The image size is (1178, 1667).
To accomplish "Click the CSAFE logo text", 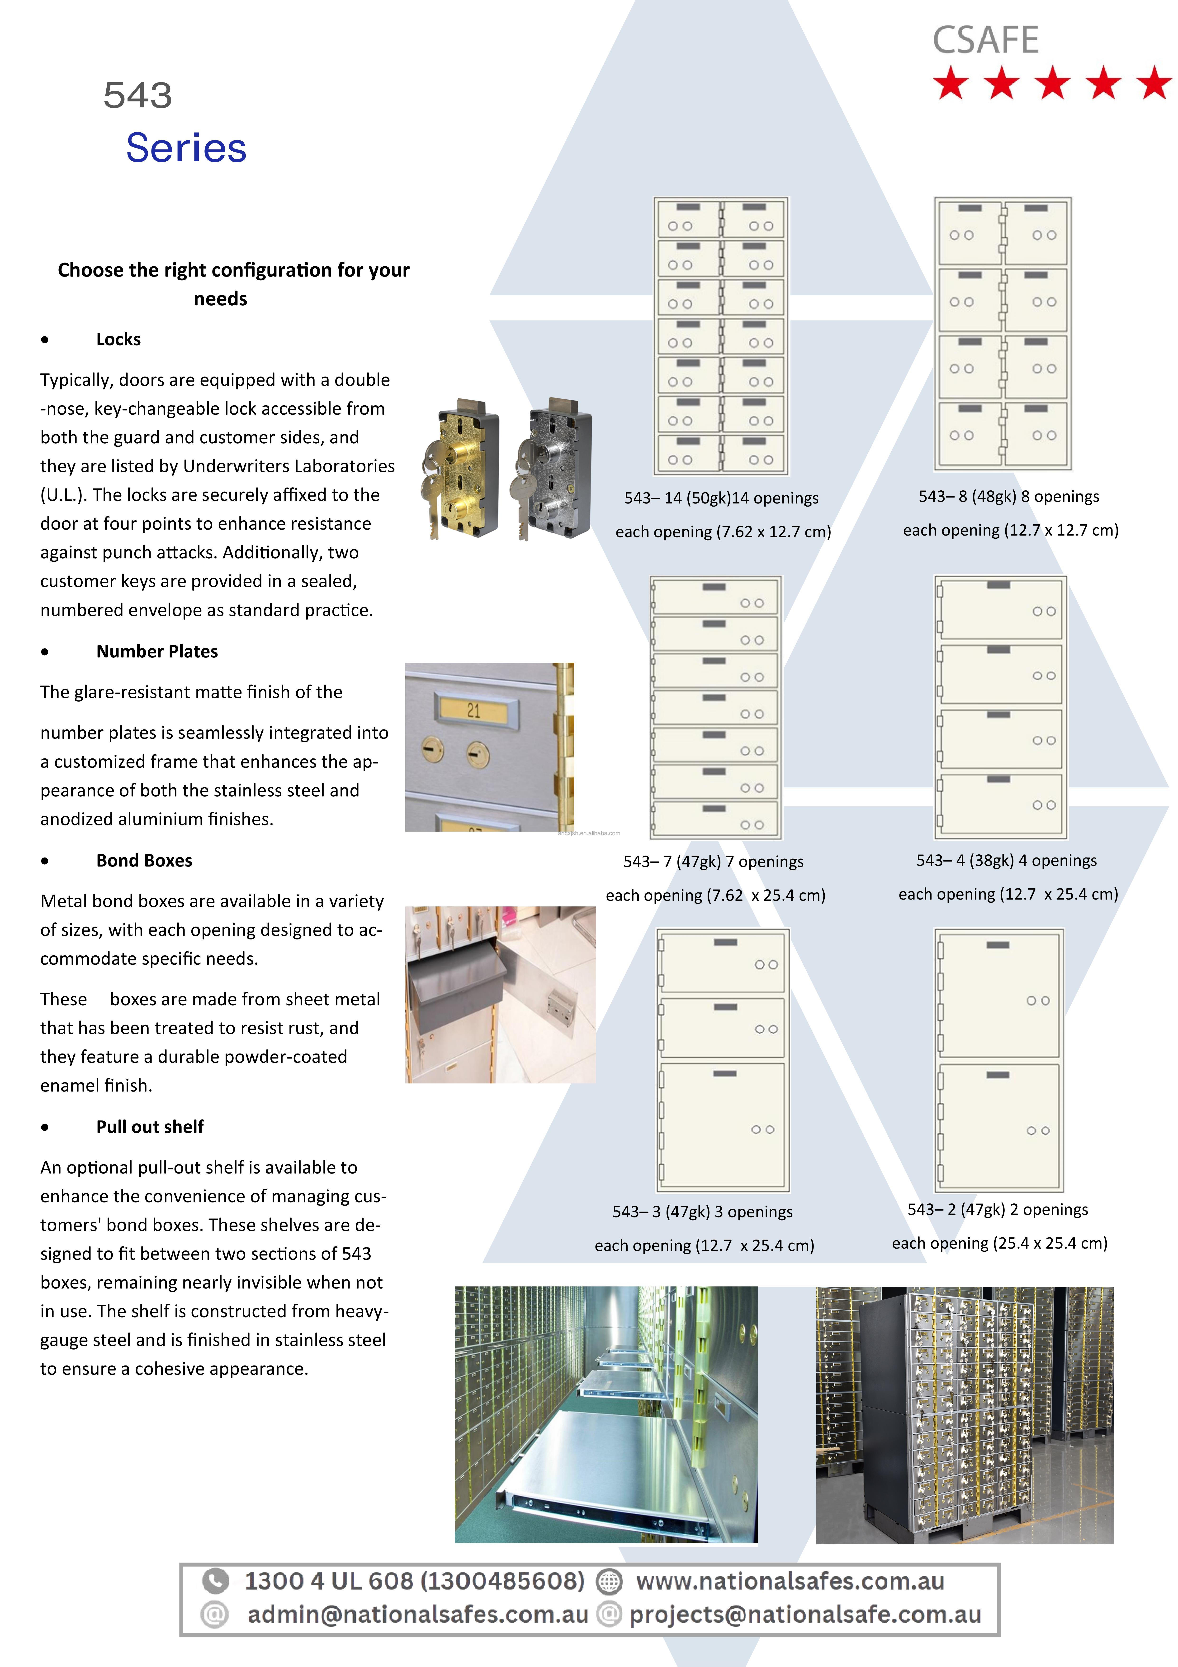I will tap(985, 41).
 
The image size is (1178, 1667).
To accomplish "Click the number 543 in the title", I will tap(138, 95).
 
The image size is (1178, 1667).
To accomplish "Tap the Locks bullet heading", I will tap(118, 339).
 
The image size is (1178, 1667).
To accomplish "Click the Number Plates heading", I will tap(157, 651).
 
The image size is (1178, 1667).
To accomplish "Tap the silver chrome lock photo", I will tap(554, 468).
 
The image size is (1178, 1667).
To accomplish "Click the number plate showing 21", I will tap(474, 710).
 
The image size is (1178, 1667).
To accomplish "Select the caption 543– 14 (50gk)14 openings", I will tap(721, 498).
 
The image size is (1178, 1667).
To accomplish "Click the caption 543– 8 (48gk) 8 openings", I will tap(1008, 497).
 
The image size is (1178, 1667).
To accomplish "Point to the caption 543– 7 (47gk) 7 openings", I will tap(713, 862).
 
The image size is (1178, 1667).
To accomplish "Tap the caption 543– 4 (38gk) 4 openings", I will tap(1006, 860).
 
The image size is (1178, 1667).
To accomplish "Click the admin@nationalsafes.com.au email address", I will tap(417, 1614).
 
